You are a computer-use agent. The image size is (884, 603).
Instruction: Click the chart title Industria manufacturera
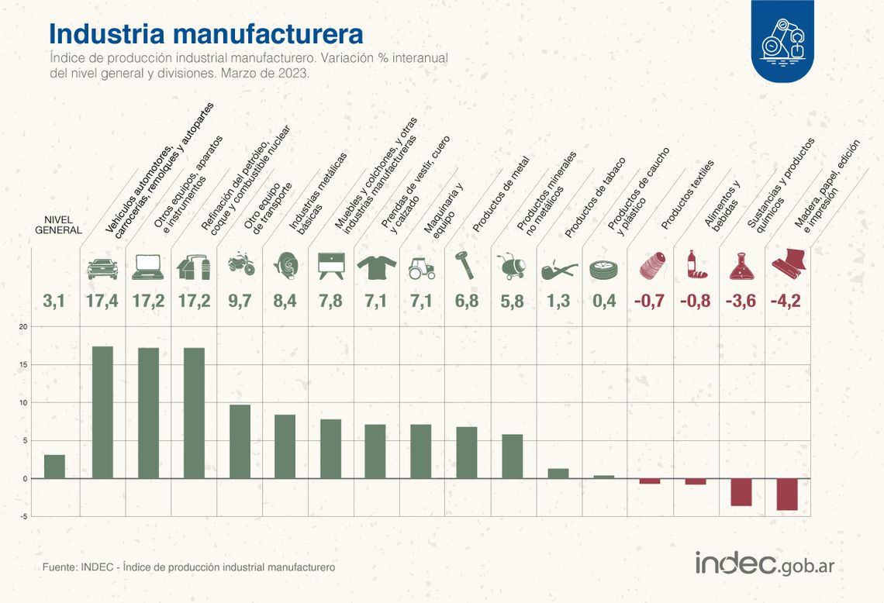(205, 33)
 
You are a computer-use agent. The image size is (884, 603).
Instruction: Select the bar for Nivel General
(54, 467)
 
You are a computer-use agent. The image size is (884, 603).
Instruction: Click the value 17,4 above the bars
(102, 301)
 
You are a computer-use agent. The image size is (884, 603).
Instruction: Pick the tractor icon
(421, 267)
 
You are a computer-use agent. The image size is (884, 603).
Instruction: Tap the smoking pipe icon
(559, 269)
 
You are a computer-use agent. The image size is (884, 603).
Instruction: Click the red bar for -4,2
(787, 494)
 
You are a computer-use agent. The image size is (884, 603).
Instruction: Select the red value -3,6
(741, 301)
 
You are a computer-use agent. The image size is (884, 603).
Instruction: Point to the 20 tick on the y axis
(23, 327)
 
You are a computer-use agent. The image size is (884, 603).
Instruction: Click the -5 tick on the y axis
(24, 516)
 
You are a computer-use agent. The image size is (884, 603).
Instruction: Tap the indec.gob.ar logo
(764, 564)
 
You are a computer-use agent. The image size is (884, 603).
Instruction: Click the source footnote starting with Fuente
(188, 567)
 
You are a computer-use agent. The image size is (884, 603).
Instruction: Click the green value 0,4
(605, 301)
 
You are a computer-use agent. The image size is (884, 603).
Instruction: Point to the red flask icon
(741, 267)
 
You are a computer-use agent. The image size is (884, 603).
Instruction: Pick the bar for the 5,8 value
(512, 456)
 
